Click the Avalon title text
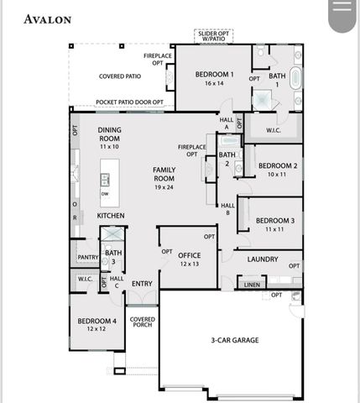[47, 18]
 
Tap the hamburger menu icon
[341, 11]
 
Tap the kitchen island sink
[106, 179]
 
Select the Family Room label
[164, 178]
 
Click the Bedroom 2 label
[277, 170]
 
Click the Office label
[189, 259]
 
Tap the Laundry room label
[263, 259]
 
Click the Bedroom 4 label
[97, 325]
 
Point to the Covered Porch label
[142, 323]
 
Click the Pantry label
[87, 257]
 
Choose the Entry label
[142, 284]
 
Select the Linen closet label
[252, 285]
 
